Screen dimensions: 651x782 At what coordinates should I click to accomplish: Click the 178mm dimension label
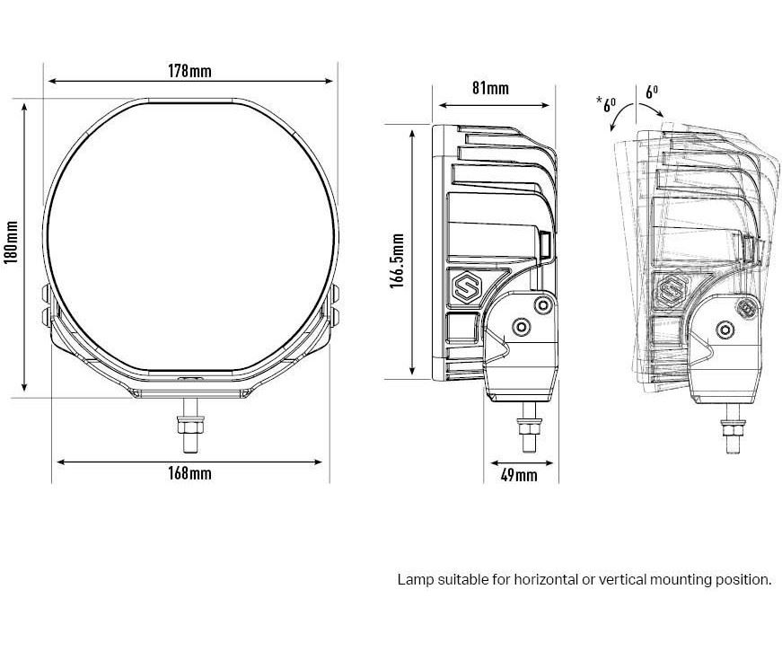(190, 71)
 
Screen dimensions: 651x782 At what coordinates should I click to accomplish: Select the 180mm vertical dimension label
(12, 242)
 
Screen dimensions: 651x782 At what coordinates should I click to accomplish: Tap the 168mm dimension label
(190, 473)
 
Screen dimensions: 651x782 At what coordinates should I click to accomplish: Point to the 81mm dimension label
(489, 88)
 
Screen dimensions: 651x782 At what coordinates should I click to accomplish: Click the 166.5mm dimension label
(397, 260)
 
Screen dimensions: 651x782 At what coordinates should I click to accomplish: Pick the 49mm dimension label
(518, 474)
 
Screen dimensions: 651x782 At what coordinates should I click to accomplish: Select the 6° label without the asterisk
(653, 92)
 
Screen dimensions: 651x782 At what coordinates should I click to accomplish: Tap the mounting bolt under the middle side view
(530, 429)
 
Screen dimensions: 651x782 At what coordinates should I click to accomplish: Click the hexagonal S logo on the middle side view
(467, 287)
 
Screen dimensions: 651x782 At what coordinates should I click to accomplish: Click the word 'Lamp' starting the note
(414, 580)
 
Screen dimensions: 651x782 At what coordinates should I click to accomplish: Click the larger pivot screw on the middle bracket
(519, 325)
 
